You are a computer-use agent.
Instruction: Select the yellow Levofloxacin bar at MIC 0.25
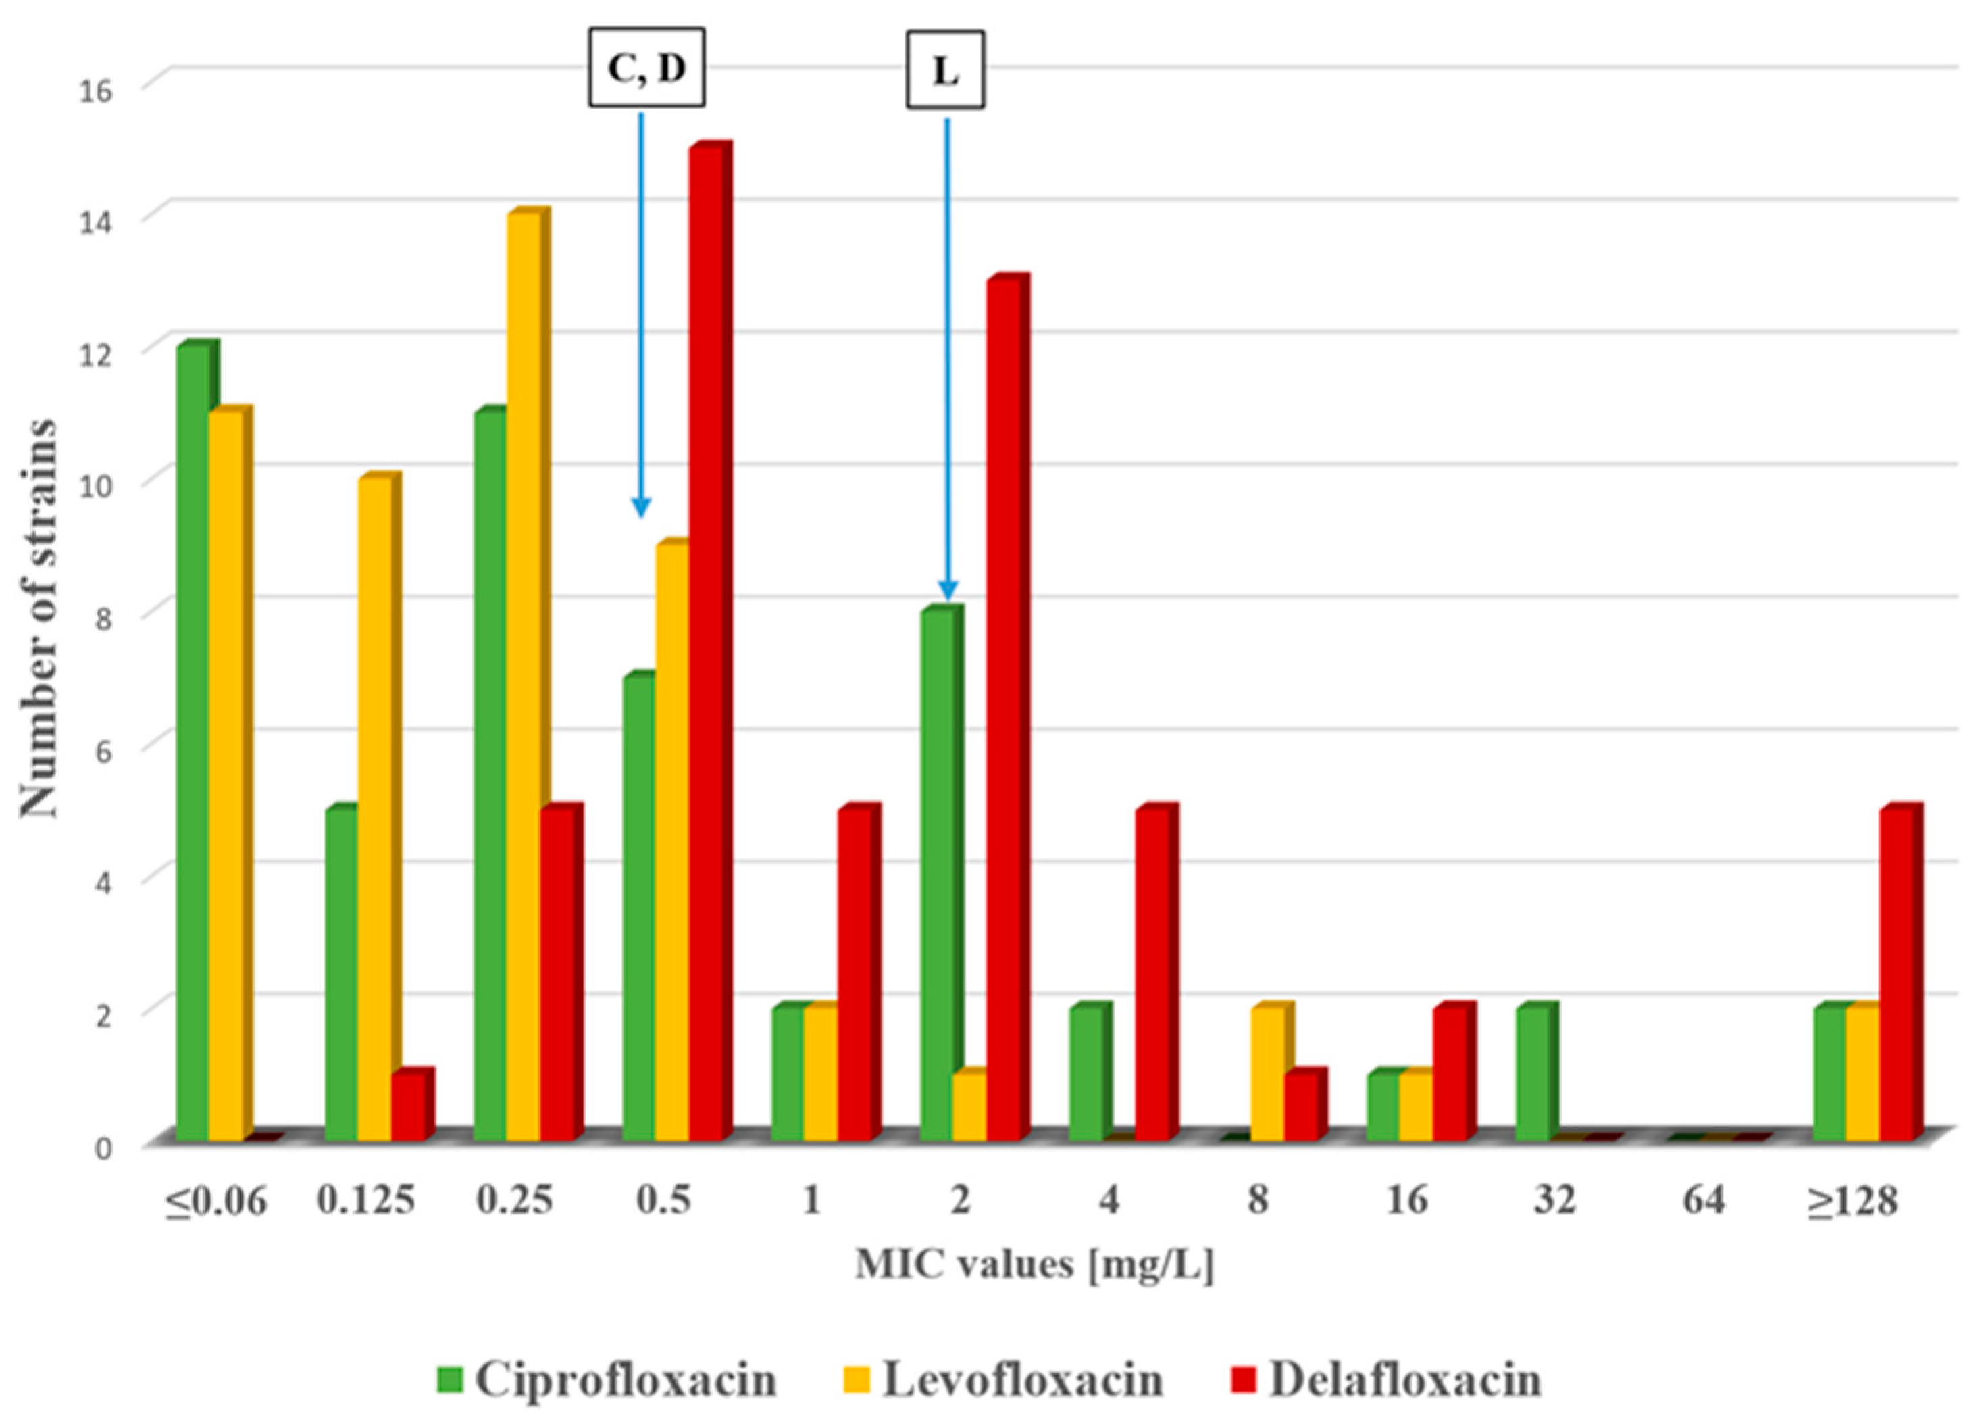pyautogui.click(x=523, y=678)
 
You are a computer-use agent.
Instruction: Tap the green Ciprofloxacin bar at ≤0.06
pyautogui.click(x=193, y=744)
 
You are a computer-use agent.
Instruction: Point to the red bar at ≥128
pyautogui.click(x=1897, y=976)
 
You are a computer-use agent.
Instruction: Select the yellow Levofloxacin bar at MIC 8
pyautogui.click(x=1267, y=1075)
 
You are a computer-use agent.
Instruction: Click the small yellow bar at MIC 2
pyautogui.click(x=969, y=1108)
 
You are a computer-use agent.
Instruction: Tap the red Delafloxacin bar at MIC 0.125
pyautogui.click(x=407, y=1108)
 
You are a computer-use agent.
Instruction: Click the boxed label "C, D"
pyautogui.click(x=646, y=68)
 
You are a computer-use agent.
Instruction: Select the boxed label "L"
pyautogui.click(x=945, y=70)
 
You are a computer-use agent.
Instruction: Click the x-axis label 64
pyautogui.click(x=1703, y=1200)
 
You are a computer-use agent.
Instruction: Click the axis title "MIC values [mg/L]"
pyautogui.click(x=1034, y=1264)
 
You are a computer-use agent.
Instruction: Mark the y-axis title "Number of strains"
pyautogui.click(x=39, y=618)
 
